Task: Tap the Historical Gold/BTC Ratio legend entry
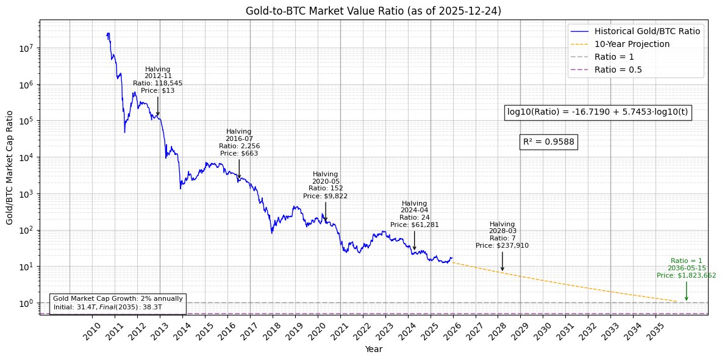pos(646,31)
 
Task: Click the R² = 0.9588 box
pos(549,142)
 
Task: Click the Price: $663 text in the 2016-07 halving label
pos(239,153)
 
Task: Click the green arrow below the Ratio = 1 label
pos(687,290)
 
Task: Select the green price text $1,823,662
pos(687,275)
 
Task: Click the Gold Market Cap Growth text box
pos(118,303)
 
